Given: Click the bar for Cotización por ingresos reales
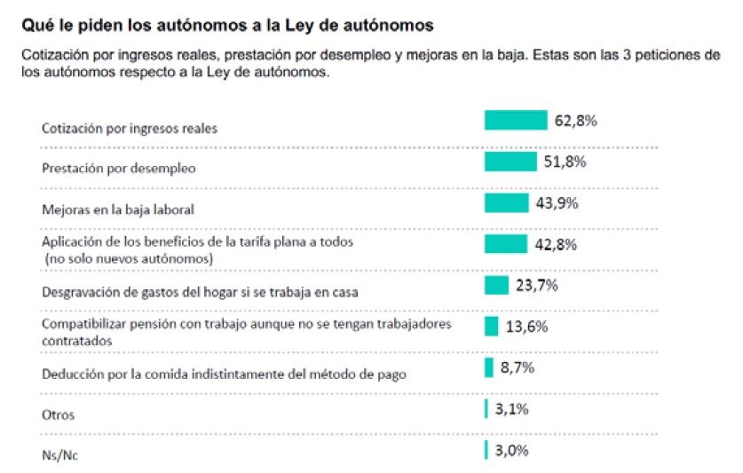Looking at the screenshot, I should [x=515, y=120].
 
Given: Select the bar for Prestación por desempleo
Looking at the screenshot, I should [x=510, y=161].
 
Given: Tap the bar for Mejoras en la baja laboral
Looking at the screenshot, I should [x=506, y=202].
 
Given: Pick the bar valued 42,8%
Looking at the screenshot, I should [x=505, y=243].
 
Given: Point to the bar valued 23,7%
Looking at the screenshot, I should [x=495, y=285].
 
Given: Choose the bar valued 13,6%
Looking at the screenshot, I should [x=491, y=326].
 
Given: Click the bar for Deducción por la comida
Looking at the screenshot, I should [x=488, y=367].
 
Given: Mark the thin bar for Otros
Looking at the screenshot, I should [x=486, y=408].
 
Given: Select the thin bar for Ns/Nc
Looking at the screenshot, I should [x=486, y=450].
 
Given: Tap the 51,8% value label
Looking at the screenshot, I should [x=565, y=161].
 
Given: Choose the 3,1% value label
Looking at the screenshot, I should [x=513, y=408].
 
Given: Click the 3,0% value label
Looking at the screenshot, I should [x=513, y=450].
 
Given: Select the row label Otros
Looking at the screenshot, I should [x=59, y=415].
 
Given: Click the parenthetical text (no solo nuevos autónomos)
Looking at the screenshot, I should [x=130, y=257].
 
